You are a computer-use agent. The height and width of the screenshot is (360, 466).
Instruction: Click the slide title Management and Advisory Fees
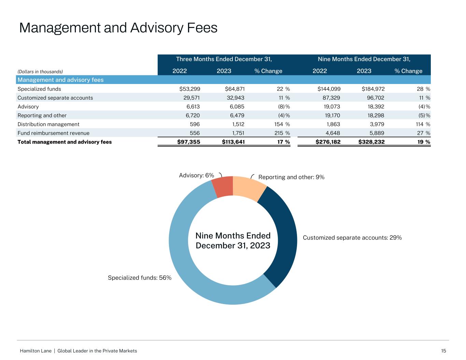(x=118, y=28)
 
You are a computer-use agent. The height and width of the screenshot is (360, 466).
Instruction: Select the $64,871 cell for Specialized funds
(x=235, y=89)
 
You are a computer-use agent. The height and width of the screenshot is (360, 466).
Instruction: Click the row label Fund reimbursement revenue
(x=53, y=133)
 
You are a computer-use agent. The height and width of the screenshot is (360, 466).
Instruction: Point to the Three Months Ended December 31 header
(x=224, y=59)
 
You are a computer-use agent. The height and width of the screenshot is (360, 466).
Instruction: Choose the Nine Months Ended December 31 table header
(x=364, y=59)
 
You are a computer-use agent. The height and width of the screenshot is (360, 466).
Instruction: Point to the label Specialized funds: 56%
(x=140, y=278)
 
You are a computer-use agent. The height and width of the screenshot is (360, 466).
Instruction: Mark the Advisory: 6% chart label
(x=197, y=175)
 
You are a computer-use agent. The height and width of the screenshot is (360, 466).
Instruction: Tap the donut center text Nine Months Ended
(x=233, y=236)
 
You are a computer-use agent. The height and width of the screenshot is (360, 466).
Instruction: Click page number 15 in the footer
(x=443, y=351)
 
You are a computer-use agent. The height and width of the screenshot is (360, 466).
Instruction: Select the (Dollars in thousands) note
(x=40, y=72)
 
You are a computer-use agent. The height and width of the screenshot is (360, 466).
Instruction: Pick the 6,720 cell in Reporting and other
(x=192, y=116)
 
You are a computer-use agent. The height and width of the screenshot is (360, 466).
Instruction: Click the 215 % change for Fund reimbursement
(x=283, y=133)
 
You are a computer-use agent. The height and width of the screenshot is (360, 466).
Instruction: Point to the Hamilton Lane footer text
(x=79, y=351)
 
